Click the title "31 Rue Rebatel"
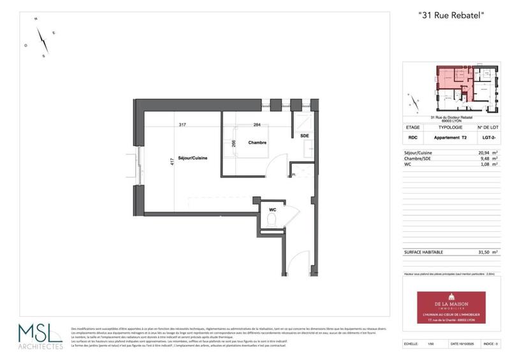point(450,16)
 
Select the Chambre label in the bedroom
point(257,143)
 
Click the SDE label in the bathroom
point(304,136)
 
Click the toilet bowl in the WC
point(272,220)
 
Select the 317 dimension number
point(183,125)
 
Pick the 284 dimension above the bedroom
point(257,125)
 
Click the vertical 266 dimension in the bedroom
point(234,145)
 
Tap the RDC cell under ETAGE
point(412,138)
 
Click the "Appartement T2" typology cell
point(450,138)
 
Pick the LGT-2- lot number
point(488,138)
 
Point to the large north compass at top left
point(43,41)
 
